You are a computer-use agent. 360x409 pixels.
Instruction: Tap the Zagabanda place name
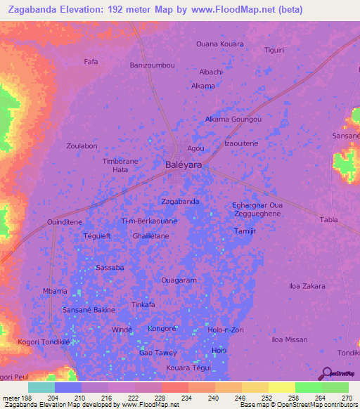[x=180, y=201]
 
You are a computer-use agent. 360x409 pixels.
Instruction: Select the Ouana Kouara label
[x=220, y=44]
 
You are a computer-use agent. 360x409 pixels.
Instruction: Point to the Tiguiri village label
[x=274, y=50]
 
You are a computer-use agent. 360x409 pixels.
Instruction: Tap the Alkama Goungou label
[x=233, y=119]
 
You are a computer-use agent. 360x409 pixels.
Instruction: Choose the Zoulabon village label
[x=82, y=145]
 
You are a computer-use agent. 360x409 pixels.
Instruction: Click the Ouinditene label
[x=65, y=221]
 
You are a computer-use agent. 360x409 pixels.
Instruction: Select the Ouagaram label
[x=179, y=280]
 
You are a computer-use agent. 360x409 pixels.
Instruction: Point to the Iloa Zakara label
[x=307, y=286]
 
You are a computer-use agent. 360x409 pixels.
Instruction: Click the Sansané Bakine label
[x=89, y=309]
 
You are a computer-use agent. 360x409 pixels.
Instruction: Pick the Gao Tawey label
[x=158, y=352]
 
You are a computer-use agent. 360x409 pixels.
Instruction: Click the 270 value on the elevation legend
[x=347, y=398]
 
